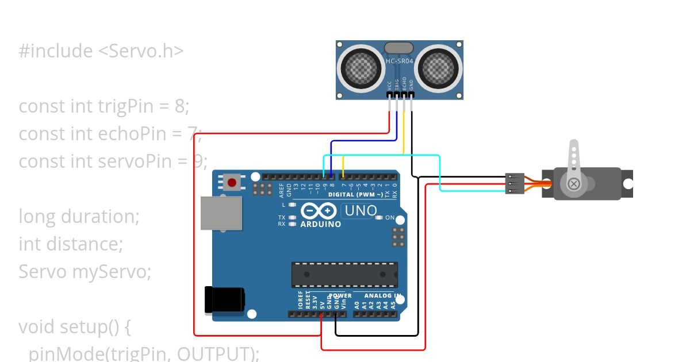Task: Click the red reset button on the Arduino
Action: click(232, 183)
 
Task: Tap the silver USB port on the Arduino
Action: click(221, 213)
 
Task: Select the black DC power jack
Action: click(225, 300)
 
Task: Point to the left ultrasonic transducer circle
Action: click(361, 68)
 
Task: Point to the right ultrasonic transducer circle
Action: click(439, 68)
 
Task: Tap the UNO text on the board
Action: click(360, 211)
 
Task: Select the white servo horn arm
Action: click(573, 164)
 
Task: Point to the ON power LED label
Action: click(390, 218)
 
